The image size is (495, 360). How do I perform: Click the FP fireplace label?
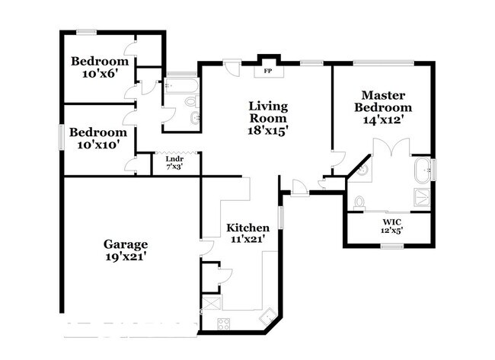[x=267, y=72]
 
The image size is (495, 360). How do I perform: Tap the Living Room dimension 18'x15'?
[x=268, y=130]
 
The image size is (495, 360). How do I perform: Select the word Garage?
[x=126, y=244]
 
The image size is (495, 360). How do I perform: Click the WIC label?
[x=392, y=222]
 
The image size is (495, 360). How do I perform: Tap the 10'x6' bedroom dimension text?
[x=99, y=75]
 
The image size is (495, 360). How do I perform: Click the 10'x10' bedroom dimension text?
[x=97, y=144]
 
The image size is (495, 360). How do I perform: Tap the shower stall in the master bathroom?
[x=420, y=199]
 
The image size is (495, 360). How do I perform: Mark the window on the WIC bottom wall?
[x=391, y=246]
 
